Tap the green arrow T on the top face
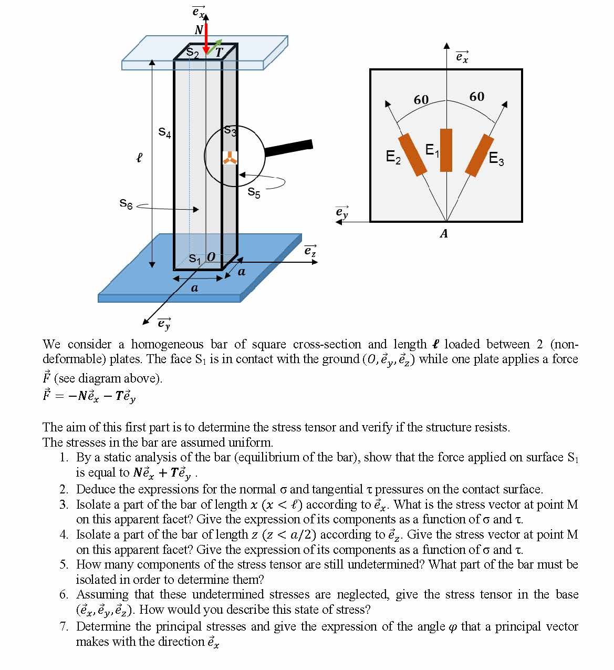(214, 47)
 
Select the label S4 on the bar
(164, 132)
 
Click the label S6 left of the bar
(126, 203)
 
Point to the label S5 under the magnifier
(254, 193)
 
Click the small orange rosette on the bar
(230, 158)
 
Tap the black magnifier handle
(288, 148)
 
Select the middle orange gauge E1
(446, 150)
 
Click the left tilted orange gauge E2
(412, 154)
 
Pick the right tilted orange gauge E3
(479, 155)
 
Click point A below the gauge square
(444, 234)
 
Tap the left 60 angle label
(421, 99)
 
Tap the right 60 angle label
(476, 97)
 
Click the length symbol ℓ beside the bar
(139, 157)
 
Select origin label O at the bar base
(211, 257)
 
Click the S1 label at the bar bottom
(194, 259)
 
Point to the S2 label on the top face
(193, 53)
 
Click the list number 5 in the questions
(64, 565)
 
